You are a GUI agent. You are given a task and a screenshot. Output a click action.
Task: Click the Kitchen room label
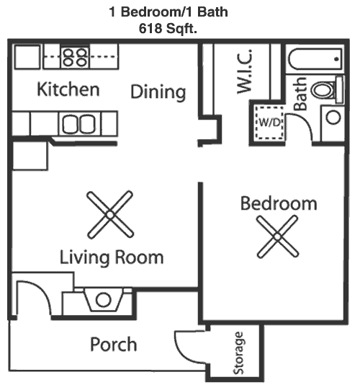pos(68,89)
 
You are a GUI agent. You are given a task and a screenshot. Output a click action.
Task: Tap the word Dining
pos(158,92)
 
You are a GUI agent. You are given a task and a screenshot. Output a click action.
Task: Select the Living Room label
pos(112,257)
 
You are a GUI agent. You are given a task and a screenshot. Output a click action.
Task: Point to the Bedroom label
pos(279,203)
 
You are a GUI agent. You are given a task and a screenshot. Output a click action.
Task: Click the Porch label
pos(114,345)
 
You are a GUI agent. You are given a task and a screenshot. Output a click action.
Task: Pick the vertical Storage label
pos(238,353)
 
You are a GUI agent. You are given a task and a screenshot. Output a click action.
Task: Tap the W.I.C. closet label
pos(245,71)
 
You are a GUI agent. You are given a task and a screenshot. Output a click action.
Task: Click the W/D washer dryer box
pos(269,123)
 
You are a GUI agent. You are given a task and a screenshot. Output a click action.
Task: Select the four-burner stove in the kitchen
pos(75,57)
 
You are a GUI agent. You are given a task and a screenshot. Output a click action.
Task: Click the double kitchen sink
pos(78,124)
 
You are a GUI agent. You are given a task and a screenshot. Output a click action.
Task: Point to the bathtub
pos(315,60)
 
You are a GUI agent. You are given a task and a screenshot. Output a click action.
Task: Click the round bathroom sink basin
pos(333,118)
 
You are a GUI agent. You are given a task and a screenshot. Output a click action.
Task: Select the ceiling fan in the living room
pos(110,214)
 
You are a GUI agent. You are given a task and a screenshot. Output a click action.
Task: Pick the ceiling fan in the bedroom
pos(277,236)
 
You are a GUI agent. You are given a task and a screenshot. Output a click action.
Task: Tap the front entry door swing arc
pos(42,291)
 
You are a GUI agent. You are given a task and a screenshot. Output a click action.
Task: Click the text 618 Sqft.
pos(168,28)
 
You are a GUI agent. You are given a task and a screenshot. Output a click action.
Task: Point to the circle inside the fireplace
pos(104,300)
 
